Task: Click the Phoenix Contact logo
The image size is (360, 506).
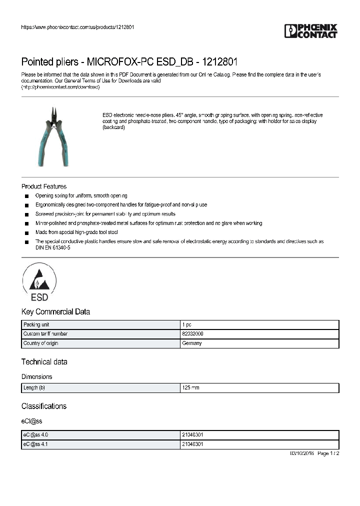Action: pos(311,31)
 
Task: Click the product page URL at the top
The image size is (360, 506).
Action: pos(77,27)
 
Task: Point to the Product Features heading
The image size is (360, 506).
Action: pos(44,186)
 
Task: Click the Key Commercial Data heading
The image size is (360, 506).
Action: pos(55,311)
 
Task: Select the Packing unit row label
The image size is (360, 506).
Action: pos(36,324)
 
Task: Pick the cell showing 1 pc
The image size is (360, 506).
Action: pos(186,324)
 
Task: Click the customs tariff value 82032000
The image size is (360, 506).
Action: pos(192,333)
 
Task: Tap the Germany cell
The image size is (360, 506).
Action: pos(192,343)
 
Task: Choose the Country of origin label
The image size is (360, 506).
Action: pos(40,343)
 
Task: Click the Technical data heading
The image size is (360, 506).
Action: pos(44,361)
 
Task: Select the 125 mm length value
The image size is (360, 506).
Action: pos(191,387)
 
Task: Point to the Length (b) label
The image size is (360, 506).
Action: pos(34,387)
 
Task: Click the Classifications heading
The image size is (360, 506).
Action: pos(44,406)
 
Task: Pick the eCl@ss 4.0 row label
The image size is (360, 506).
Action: pos(35,435)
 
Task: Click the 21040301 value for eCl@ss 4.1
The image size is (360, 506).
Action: pos(192,444)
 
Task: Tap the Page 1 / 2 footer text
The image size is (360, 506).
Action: pos(328,453)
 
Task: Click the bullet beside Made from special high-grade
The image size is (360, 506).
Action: pos(26,232)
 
